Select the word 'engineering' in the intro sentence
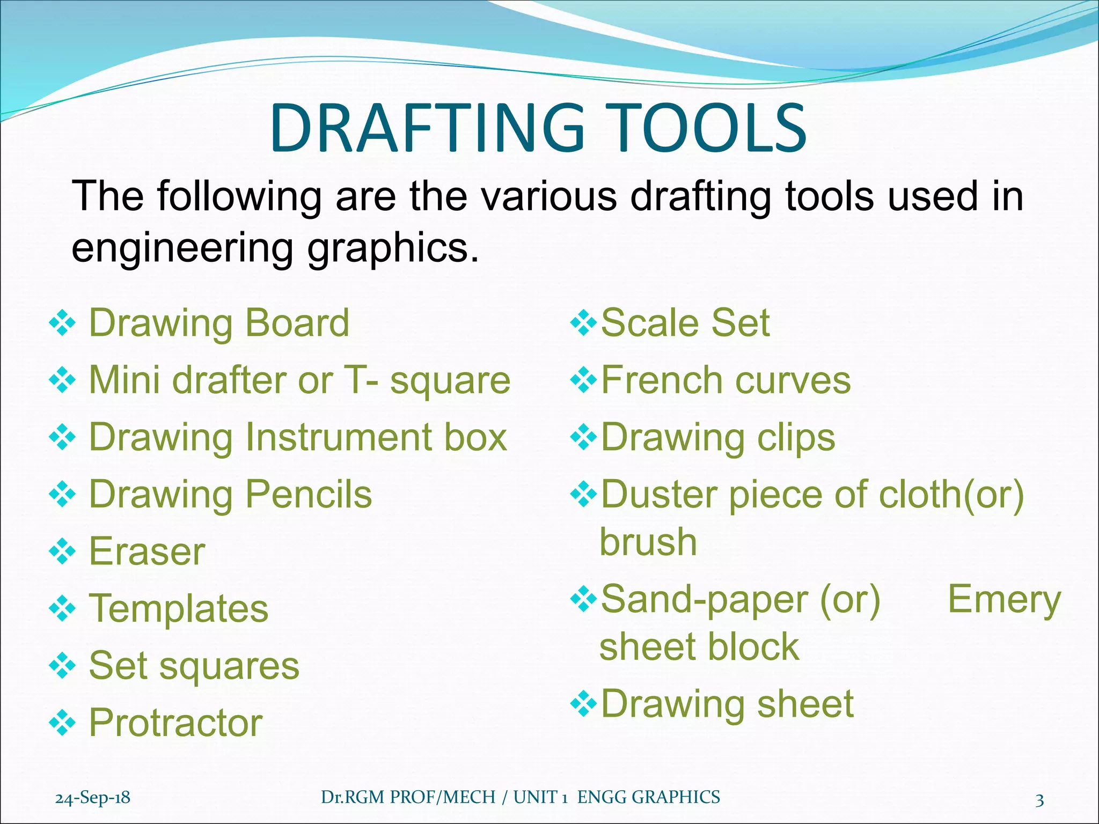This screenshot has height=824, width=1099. coord(182,248)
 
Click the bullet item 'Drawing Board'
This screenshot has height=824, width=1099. coord(219,323)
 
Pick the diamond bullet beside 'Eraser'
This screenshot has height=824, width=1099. coord(62,552)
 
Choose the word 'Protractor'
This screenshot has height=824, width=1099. coord(175,723)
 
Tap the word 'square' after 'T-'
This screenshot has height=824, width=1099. coord(450,380)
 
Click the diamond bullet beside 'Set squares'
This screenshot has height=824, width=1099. coord(62,666)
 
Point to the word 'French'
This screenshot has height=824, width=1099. coord(662,380)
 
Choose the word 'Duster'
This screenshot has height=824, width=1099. coord(658,494)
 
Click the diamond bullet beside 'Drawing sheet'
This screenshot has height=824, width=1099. coord(583,704)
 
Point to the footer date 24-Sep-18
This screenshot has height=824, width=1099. coord(93,798)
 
